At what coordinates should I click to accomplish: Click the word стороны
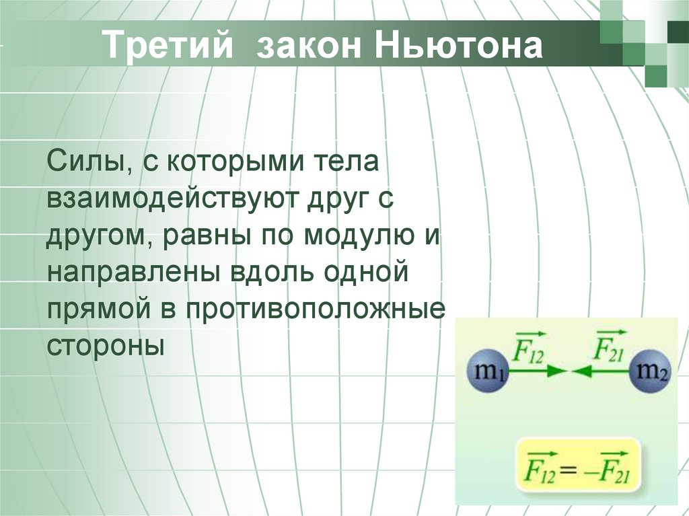(x=106, y=347)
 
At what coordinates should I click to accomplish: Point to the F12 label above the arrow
(x=529, y=347)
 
